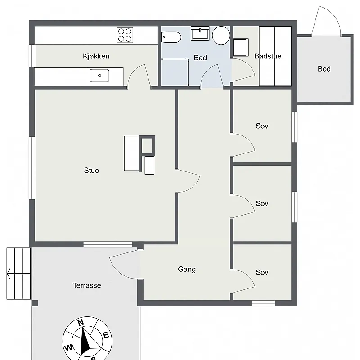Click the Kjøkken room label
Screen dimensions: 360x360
pos(96,56)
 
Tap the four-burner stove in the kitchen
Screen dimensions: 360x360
pos(125,35)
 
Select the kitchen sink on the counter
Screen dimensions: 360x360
pos(99,76)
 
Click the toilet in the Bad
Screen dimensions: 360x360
pos(171,37)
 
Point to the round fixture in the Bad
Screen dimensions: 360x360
pos(221,36)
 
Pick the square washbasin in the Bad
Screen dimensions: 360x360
pos(200,34)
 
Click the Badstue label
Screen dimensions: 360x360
pos(268,56)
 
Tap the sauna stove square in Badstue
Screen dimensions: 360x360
pos(241,48)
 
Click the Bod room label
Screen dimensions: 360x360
pos(324,69)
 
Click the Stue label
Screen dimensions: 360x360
pos(91,171)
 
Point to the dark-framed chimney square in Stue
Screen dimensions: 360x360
pos(147,145)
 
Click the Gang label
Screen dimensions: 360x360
pos(187,269)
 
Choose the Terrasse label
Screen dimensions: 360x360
pos(87,285)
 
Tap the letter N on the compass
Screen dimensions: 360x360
pos(81,323)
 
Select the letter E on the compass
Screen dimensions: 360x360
pos(106,335)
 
